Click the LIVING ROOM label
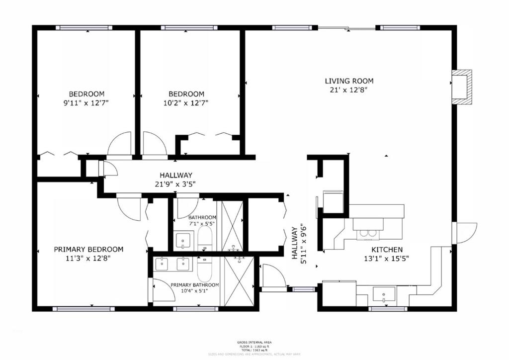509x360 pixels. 349,81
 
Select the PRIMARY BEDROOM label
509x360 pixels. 88,249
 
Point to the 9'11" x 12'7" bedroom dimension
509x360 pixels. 86,103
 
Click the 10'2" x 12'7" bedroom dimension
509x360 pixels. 186,103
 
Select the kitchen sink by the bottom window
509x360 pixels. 384,295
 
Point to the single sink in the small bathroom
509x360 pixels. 183,242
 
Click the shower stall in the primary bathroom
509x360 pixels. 239,280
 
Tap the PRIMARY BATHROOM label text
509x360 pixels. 194,285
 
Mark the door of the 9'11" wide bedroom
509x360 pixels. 120,144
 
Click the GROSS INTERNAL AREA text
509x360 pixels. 254,343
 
